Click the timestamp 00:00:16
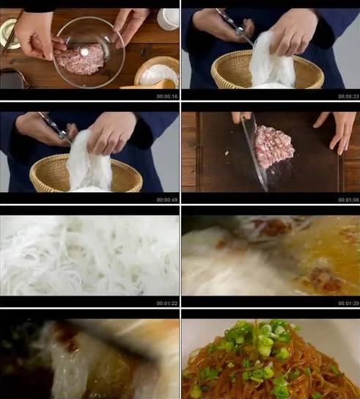(166, 96)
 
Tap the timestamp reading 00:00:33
(348, 96)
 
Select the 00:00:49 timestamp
(166, 199)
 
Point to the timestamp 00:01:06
(348, 199)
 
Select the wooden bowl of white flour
(158, 73)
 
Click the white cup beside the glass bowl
(169, 18)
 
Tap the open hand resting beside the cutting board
(339, 129)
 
